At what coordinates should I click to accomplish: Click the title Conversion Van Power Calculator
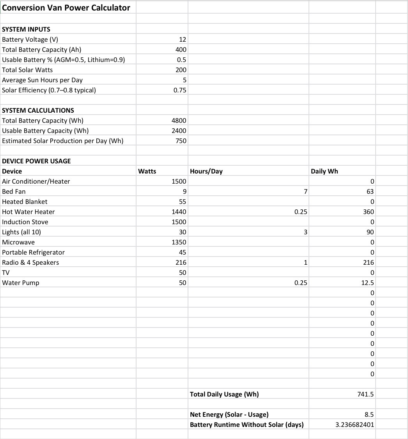[x=66, y=8]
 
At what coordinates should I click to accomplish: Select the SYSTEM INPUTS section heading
[x=26, y=29]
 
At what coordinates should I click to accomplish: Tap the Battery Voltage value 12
[x=183, y=39]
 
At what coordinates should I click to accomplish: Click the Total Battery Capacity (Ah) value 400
[x=181, y=50]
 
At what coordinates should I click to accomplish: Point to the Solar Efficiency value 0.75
[x=180, y=90]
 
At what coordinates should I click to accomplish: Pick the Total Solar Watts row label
[x=27, y=70]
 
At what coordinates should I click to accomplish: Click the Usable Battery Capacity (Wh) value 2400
[x=179, y=131]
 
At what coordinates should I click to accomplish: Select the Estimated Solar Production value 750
[x=181, y=141]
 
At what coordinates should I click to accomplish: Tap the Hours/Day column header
[x=206, y=171]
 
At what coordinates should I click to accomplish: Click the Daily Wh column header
[x=325, y=171]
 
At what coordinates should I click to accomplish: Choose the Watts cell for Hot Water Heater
[x=179, y=212]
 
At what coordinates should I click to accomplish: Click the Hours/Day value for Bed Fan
[x=306, y=191]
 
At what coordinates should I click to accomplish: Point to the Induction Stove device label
[x=25, y=222]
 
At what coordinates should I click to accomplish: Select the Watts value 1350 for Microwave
[x=179, y=242]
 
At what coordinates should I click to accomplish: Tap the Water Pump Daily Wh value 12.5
[x=368, y=283]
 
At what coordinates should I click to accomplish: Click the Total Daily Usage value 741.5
[x=366, y=394]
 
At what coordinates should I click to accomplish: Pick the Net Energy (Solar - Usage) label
[x=229, y=414]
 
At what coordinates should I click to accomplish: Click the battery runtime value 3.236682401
[x=355, y=425]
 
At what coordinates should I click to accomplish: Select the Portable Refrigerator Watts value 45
[x=183, y=252]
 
